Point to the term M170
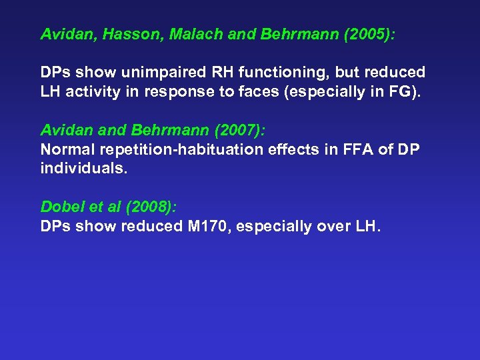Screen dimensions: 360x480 (x=207, y=225)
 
